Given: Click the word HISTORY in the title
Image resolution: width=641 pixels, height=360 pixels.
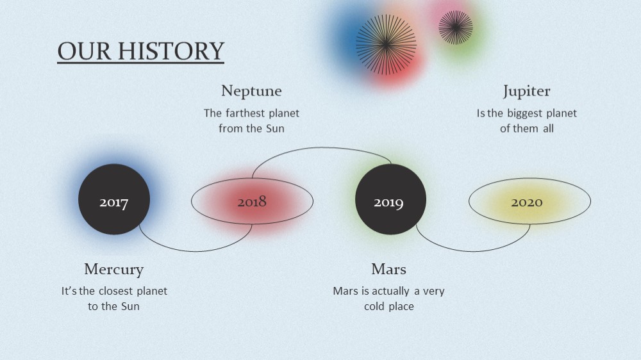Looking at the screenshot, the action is point(171,51).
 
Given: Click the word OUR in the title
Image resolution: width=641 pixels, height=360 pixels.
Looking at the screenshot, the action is point(84,51).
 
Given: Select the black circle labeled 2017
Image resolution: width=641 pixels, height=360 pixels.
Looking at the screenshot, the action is point(114,199).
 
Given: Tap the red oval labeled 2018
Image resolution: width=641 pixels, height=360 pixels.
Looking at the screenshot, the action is point(252,201).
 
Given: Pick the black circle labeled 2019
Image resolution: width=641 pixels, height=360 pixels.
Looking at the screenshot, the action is point(390,199).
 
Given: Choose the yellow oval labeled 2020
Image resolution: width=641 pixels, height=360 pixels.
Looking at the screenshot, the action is point(529,201).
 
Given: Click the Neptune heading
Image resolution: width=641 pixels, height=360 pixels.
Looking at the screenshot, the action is point(251,91).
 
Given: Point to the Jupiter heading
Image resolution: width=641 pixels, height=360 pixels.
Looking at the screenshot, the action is point(526,91).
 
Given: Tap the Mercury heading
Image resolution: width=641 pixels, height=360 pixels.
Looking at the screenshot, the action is point(113,270).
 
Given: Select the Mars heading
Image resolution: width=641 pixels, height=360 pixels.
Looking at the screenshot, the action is point(389,269).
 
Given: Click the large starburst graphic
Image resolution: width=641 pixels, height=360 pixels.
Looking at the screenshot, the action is point(386,45).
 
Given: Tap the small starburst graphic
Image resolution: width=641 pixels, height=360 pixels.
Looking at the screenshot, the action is point(455,28).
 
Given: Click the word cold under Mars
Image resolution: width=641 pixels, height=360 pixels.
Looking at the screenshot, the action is point(374,306).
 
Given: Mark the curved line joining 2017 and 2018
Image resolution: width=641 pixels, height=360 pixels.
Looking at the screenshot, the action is point(196,250).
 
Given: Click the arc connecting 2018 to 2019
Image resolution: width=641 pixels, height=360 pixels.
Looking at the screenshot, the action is point(322,147).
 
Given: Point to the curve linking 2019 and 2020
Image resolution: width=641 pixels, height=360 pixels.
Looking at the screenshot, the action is point(473,250).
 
